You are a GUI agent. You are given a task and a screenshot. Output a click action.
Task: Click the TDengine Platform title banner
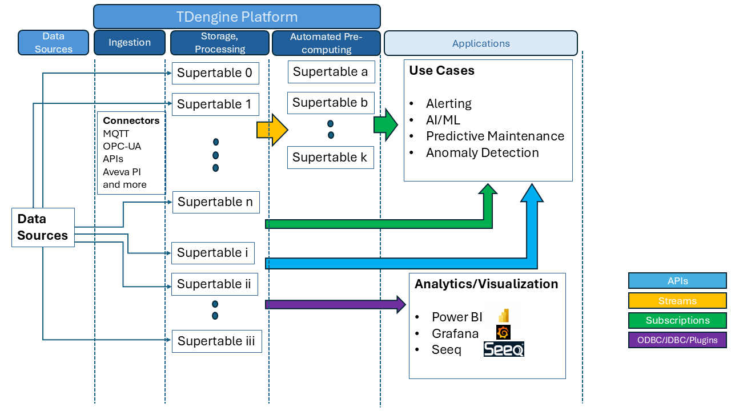(x=236, y=17)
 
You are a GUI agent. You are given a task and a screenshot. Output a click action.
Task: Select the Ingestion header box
(x=130, y=43)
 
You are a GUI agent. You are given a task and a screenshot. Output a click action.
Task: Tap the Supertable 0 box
(x=214, y=73)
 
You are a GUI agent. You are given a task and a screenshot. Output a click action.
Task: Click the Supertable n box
(x=215, y=202)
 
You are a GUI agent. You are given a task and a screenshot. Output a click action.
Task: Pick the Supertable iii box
(x=216, y=341)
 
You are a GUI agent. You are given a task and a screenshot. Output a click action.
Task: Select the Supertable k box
(x=330, y=158)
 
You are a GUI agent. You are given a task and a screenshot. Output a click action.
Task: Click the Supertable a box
(x=331, y=72)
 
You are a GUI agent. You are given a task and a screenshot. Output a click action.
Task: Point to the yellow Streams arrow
(x=272, y=130)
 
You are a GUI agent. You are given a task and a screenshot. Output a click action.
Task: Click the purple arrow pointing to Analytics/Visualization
(x=335, y=304)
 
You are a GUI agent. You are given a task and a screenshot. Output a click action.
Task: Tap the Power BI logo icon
(x=503, y=316)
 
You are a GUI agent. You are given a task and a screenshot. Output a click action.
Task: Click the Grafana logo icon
(x=503, y=333)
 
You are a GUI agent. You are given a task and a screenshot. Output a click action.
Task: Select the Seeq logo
(x=504, y=349)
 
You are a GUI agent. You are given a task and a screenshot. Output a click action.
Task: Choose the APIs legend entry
(x=677, y=281)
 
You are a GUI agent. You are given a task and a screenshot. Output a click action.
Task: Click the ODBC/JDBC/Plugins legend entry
(x=677, y=340)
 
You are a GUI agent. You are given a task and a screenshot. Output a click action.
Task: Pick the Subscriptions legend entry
(x=677, y=320)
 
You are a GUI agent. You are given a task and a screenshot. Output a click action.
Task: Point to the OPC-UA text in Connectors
(x=122, y=146)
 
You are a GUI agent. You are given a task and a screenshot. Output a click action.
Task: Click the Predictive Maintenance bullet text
(x=495, y=136)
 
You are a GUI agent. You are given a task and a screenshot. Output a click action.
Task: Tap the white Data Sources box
(x=43, y=227)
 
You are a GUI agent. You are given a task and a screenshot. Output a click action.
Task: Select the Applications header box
(x=481, y=43)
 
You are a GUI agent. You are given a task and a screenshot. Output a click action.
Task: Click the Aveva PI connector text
(x=122, y=172)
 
